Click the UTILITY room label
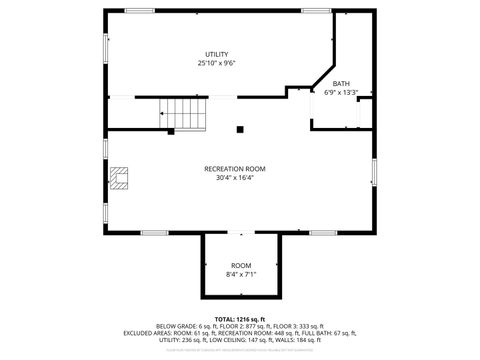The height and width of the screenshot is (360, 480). click(217, 54)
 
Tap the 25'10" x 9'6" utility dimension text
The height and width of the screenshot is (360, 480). click(217, 63)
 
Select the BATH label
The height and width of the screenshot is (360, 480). click(341, 84)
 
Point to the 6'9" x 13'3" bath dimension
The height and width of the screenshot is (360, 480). click(341, 93)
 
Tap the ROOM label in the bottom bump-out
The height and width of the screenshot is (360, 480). click(241, 265)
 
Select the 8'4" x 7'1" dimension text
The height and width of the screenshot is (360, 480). click(241, 274)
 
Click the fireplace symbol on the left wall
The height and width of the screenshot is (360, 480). click(120, 179)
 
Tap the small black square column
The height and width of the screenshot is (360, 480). click(240, 128)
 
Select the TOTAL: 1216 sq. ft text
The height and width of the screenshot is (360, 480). click(241, 318)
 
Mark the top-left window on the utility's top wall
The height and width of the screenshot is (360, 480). click(140, 11)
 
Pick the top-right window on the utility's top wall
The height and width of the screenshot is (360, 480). click(316, 11)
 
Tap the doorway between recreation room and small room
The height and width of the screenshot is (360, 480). click(241, 233)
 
